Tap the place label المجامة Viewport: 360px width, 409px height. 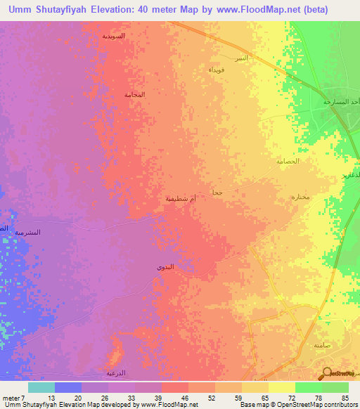coord(134,94)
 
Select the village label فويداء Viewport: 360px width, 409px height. coord(217,70)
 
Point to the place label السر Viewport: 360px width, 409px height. coord(241,58)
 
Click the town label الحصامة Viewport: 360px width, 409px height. coord(288,161)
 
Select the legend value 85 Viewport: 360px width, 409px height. coord(345,398)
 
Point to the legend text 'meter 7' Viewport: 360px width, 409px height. coord(15,398)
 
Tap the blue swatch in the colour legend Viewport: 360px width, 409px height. coord(68,387)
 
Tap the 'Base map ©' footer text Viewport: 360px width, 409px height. coord(255,405)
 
